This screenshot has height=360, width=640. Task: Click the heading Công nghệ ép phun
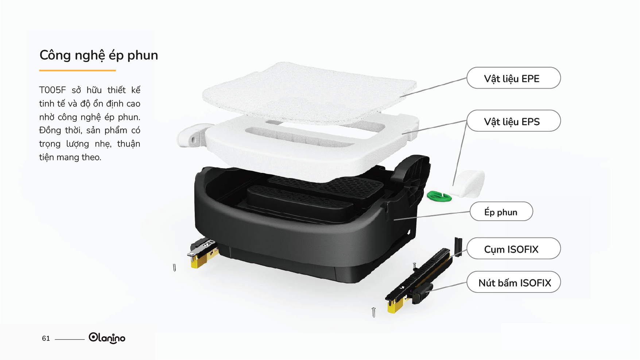(98, 55)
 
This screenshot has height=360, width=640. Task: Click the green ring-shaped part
(439, 197)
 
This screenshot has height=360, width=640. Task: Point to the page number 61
(46, 338)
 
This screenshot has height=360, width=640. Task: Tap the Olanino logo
(107, 338)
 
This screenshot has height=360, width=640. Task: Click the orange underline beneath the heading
(77, 70)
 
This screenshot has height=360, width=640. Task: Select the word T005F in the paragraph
(53, 90)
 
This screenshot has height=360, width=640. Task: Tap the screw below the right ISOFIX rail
(373, 313)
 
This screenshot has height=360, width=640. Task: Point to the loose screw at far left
(174, 268)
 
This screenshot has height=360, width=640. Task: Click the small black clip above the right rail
(458, 247)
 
